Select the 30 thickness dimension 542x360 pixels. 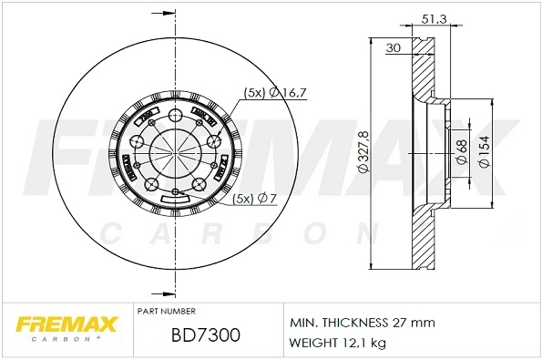click(x=395, y=48)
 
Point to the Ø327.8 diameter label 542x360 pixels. click(x=363, y=152)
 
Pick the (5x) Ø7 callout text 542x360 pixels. click(x=255, y=199)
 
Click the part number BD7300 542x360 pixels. click(x=206, y=336)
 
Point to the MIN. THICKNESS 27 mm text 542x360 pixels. click(x=362, y=323)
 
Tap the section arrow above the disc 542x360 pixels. click(x=167, y=14)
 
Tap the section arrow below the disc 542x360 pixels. click(x=167, y=293)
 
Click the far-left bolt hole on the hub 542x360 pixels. click(x=136, y=141)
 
